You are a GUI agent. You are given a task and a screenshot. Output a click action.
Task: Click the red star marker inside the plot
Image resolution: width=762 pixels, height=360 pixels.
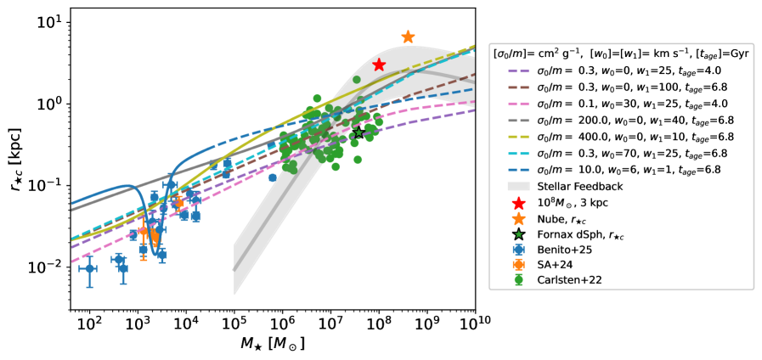(379, 65)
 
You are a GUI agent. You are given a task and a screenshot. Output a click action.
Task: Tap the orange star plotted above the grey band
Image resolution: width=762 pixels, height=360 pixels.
(408, 37)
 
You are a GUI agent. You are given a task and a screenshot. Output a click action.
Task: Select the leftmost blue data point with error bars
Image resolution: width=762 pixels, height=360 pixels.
(89, 268)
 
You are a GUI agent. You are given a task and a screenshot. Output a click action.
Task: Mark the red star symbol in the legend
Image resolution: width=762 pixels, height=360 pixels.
(518, 202)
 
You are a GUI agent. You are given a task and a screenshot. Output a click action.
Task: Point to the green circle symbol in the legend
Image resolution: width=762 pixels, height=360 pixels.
(518, 279)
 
